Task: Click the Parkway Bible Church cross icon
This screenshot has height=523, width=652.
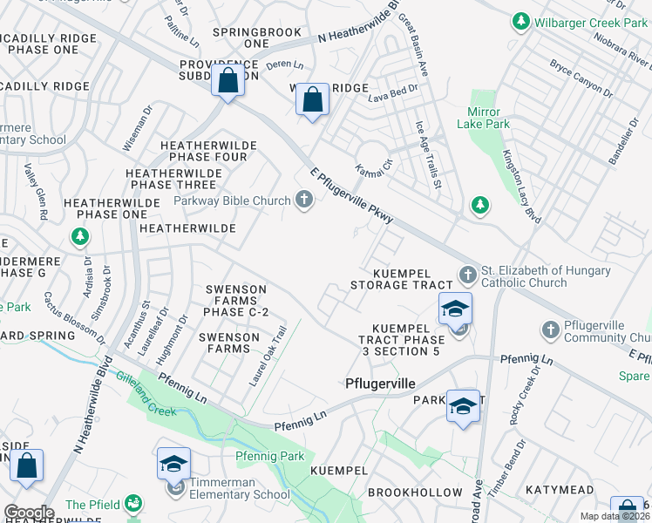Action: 304,200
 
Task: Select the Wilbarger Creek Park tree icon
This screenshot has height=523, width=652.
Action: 521,20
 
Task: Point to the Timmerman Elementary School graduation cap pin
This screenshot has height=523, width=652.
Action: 173,463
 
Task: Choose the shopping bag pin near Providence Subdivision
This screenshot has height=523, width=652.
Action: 228,83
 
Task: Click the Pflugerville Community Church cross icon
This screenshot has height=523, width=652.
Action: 550,330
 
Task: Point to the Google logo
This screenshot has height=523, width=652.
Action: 28,513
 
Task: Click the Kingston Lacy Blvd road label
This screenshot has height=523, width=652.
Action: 521,187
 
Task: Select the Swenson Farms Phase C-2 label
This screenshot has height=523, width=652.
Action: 236,301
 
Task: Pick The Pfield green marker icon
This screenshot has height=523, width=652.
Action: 132,504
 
